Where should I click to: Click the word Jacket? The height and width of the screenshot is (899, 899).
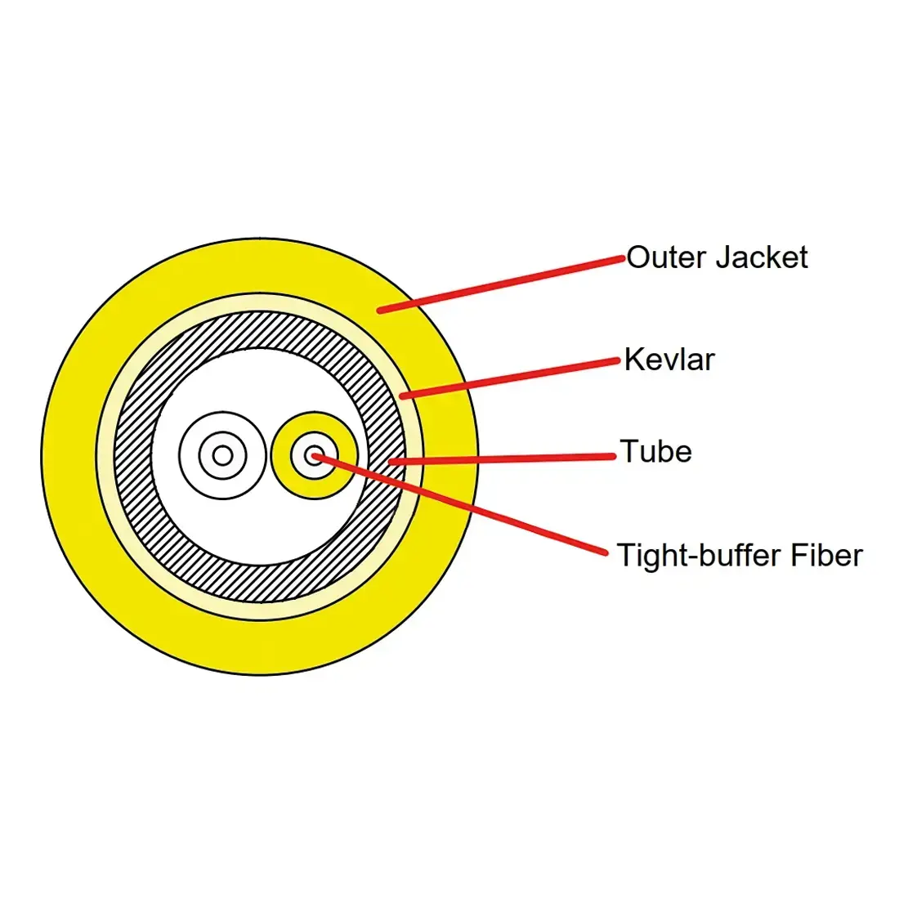point(761,257)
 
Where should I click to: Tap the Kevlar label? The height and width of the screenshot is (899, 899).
point(669,360)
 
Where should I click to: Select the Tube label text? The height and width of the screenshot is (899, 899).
point(655,451)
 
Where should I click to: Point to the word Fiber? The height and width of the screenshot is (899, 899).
point(826,555)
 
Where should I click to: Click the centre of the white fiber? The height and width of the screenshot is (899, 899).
point(222,455)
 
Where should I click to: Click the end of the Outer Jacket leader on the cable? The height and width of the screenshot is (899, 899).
point(381,310)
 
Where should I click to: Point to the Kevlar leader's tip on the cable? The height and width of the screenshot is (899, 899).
point(404,396)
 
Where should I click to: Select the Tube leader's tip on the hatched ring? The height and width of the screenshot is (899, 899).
point(392,462)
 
